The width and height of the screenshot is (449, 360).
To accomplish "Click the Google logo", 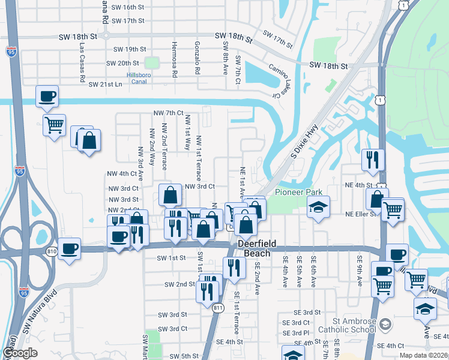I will (x=20, y=353).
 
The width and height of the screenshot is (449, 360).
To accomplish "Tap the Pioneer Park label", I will (x=299, y=193).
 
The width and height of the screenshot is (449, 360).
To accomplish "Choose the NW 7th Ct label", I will (x=168, y=113).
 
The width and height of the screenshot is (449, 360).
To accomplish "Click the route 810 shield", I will (x=52, y=251).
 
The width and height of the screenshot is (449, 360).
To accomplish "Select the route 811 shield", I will (x=217, y=308).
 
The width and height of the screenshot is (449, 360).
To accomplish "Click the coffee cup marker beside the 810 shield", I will (x=69, y=248).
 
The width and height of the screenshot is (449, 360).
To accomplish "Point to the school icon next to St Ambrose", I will (x=385, y=324).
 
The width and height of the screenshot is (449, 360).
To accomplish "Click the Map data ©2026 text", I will (x=423, y=355).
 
